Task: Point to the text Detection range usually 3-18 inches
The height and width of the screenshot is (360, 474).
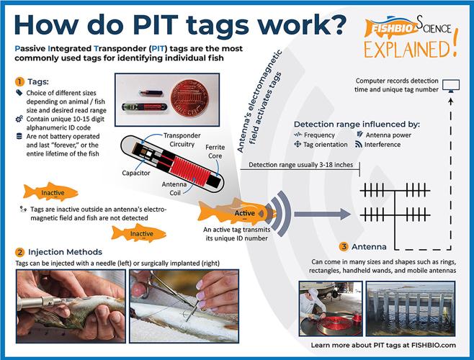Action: (x=292, y=166)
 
